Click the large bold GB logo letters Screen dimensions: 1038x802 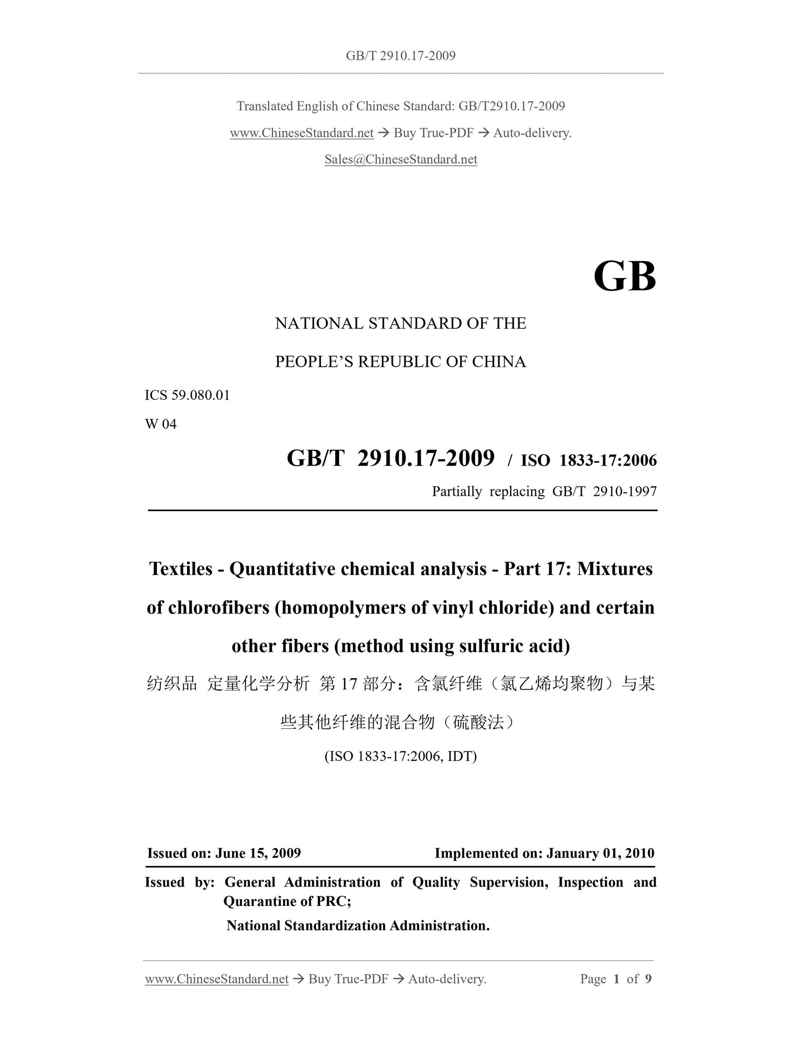[624, 276]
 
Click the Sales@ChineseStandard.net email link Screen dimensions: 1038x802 [401, 159]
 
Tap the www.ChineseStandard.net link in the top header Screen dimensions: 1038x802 [301, 133]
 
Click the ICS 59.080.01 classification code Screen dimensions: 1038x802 [187, 395]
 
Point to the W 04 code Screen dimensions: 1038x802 [160, 424]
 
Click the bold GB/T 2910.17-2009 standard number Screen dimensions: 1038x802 [390, 458]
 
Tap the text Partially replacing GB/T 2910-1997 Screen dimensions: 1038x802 [544, 491]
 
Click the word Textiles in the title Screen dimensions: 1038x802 [181, 569]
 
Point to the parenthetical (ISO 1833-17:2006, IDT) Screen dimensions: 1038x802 [400, 756]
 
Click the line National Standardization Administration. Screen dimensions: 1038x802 [357, 925]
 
